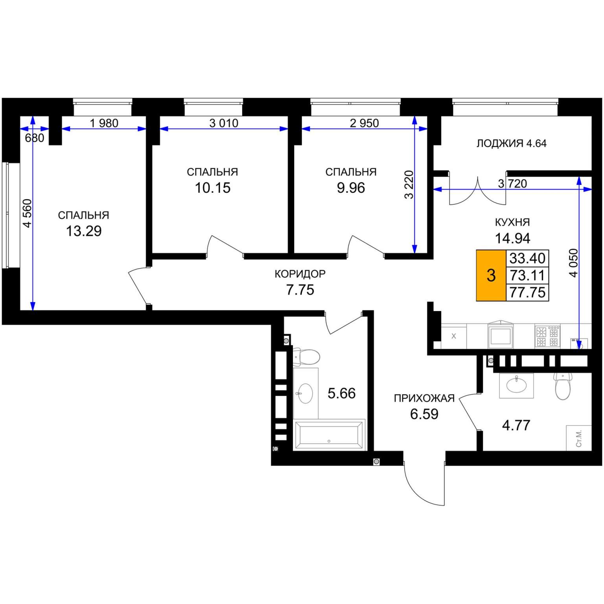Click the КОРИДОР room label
coord(300,274)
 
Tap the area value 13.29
coord(84,231)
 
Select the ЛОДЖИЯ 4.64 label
coord(511,144)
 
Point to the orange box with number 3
coord(491,275)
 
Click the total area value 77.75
coord(527,293)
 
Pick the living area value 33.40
coord(527,258)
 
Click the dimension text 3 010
coord(224,123)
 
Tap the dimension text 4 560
coord(27,213)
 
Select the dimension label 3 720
coord(512,183)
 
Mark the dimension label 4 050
coord(574,263)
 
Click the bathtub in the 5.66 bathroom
coord(329,435)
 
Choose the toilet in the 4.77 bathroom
coord(563,385)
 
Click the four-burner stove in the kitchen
coord(547,336)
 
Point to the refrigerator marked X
coord(454,336)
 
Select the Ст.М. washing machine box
coord(578,438)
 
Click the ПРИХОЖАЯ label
coord(424,398)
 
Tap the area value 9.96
coord(351,188)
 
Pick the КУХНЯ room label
coord(512,222)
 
